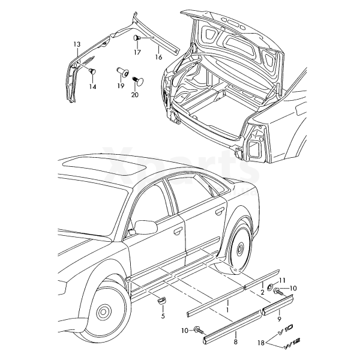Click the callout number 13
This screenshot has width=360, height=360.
[x=76, y=44]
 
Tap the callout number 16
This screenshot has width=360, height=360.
[x=158, y=58]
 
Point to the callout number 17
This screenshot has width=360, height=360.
[x=137, y=52]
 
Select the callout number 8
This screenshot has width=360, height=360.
[x=235, y=341]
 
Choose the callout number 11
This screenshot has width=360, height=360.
[x=283, y=281]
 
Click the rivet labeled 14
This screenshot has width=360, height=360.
[x=92, y=72]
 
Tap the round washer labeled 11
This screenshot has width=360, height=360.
[x=270, y=285]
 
